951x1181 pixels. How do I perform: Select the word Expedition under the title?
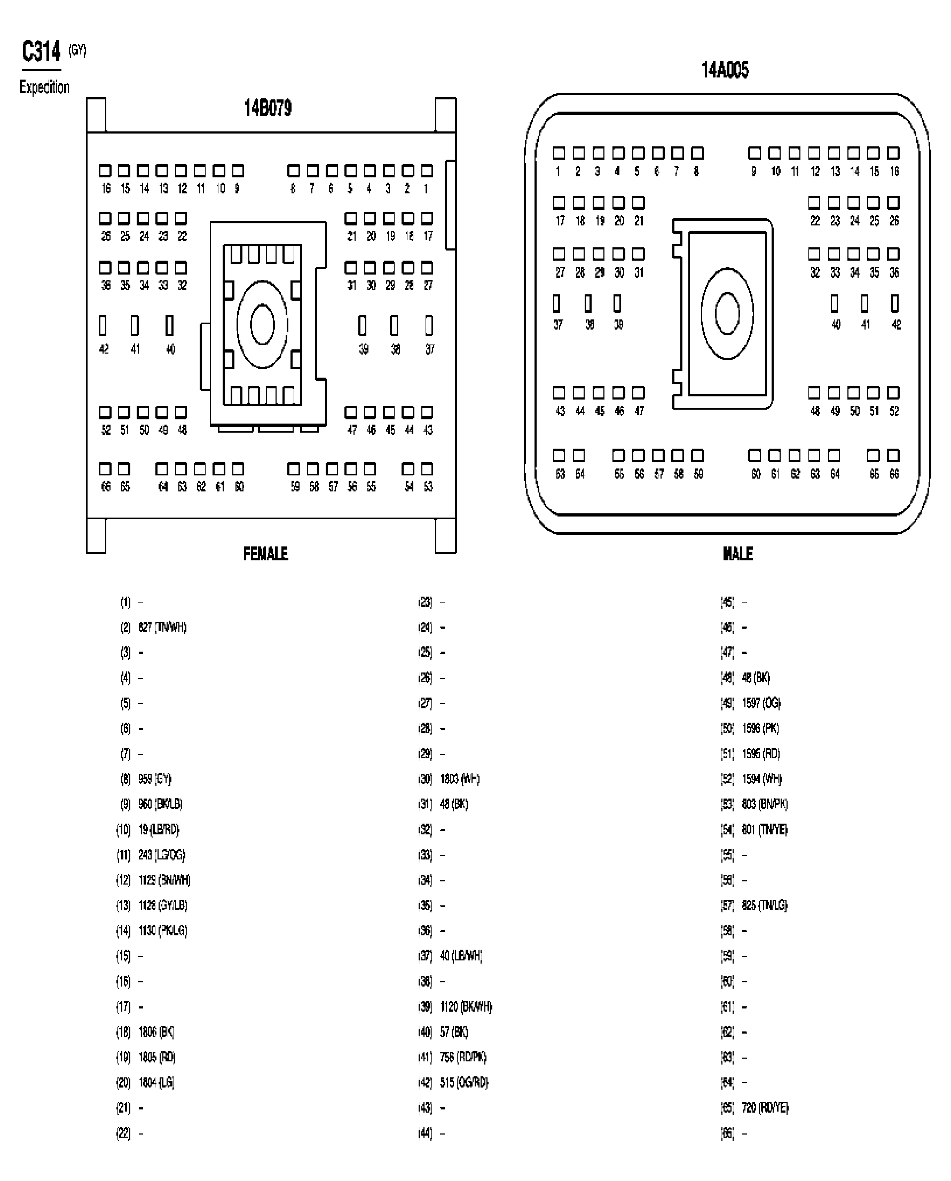tap(44, 87)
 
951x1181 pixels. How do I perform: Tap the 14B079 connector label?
tap(268, 108)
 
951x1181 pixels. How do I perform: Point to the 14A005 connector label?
tap(725, 70)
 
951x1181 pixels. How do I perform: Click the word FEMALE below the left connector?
tap(265, 553)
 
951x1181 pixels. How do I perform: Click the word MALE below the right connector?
tap(737, 553)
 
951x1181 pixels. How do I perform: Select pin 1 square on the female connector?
tap(427, 171)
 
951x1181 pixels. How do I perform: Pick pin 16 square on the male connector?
tap(893, 153)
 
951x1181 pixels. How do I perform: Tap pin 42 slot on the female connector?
tap(103, 325)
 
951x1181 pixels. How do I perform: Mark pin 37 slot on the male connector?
tap(556, 303)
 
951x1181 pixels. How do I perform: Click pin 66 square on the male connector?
tap(893, 455)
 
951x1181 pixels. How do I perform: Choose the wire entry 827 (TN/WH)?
tap(162, 627)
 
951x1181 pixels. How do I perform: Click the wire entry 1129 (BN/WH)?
tap(164, 880)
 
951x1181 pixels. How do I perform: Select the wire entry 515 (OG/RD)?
tap(464, 1083)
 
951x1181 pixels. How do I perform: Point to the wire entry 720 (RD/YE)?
tap(765, 1108)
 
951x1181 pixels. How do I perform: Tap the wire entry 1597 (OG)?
tap(761, 703)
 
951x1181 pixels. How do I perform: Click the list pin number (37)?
tap(425, 956)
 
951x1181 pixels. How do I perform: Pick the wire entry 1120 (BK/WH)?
tap(466, 1007)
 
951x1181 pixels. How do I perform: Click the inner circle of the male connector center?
tap(727, 314)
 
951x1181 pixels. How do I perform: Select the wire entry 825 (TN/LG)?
tap(765, 905)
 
